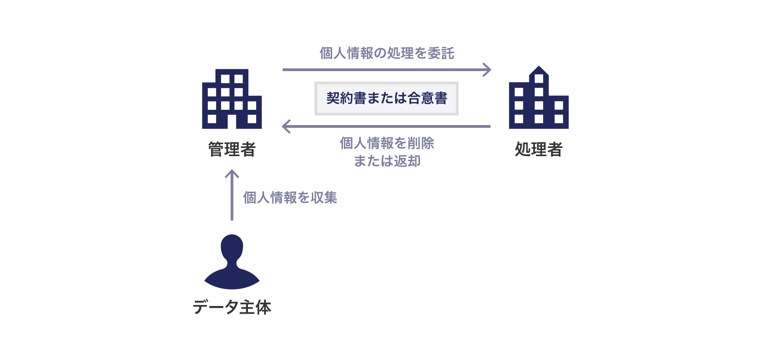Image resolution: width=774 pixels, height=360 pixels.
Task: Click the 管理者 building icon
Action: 232,99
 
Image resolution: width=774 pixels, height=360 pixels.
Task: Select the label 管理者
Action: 232,149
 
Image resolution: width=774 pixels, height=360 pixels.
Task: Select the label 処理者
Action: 539,149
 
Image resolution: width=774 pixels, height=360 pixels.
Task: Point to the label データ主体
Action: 232,307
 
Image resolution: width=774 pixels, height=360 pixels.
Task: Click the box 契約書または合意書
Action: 387,99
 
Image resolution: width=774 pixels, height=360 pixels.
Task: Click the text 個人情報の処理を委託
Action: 387,53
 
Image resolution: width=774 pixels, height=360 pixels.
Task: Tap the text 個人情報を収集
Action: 290,198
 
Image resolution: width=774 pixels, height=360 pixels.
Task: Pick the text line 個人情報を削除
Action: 387,143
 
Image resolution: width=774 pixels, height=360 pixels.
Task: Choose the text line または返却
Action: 387,161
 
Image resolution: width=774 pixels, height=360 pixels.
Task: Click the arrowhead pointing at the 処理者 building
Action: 487,70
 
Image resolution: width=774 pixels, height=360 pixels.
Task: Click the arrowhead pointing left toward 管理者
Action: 286,126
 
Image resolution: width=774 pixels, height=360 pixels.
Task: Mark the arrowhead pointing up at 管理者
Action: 232,173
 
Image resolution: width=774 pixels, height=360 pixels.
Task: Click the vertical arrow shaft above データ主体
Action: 232,198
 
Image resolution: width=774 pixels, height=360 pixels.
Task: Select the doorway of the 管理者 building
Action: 232,121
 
